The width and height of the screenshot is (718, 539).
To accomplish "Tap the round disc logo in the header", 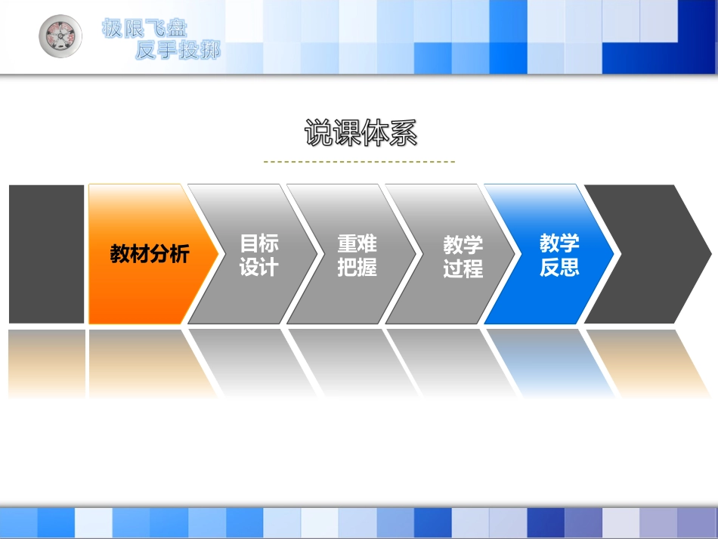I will [61, 36].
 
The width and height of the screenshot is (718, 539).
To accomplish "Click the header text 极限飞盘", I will [144, 29].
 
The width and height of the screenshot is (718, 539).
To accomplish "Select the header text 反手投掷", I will [178, 51].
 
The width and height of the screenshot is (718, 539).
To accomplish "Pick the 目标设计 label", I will [259, 255].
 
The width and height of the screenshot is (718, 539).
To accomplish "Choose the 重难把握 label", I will [357, 256].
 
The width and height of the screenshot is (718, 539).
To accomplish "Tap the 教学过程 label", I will [463, 256].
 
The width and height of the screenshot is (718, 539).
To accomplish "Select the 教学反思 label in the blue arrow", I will [559, 255].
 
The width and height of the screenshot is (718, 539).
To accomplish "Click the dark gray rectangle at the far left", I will [46, 254].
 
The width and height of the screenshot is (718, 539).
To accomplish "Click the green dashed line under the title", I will [359, 162].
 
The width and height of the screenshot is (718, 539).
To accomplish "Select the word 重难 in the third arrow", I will [357, 244].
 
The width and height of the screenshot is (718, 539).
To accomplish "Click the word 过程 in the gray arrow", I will [463, 268].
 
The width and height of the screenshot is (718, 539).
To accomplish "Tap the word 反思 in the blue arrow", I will [559, 267].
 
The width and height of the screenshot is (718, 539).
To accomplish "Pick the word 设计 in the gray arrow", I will [259, 267].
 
